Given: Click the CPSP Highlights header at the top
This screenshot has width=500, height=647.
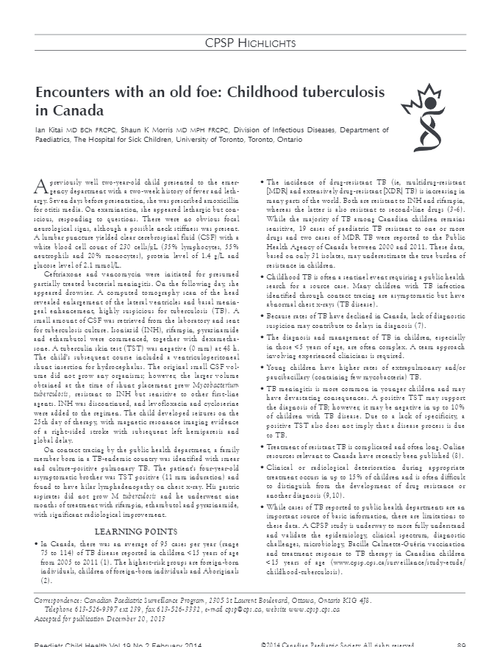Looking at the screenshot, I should tap(250, 44).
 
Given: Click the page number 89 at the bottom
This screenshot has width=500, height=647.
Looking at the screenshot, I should tap(461, 644).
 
